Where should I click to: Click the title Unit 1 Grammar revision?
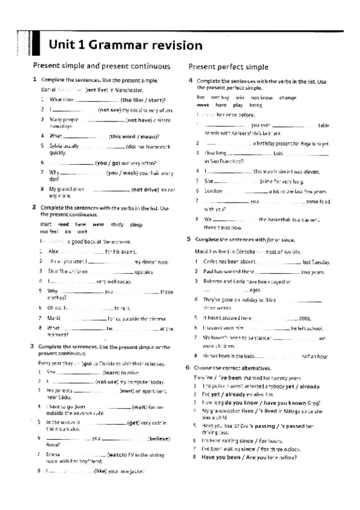pos(126,45)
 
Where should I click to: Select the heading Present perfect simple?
pos(228,67)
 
